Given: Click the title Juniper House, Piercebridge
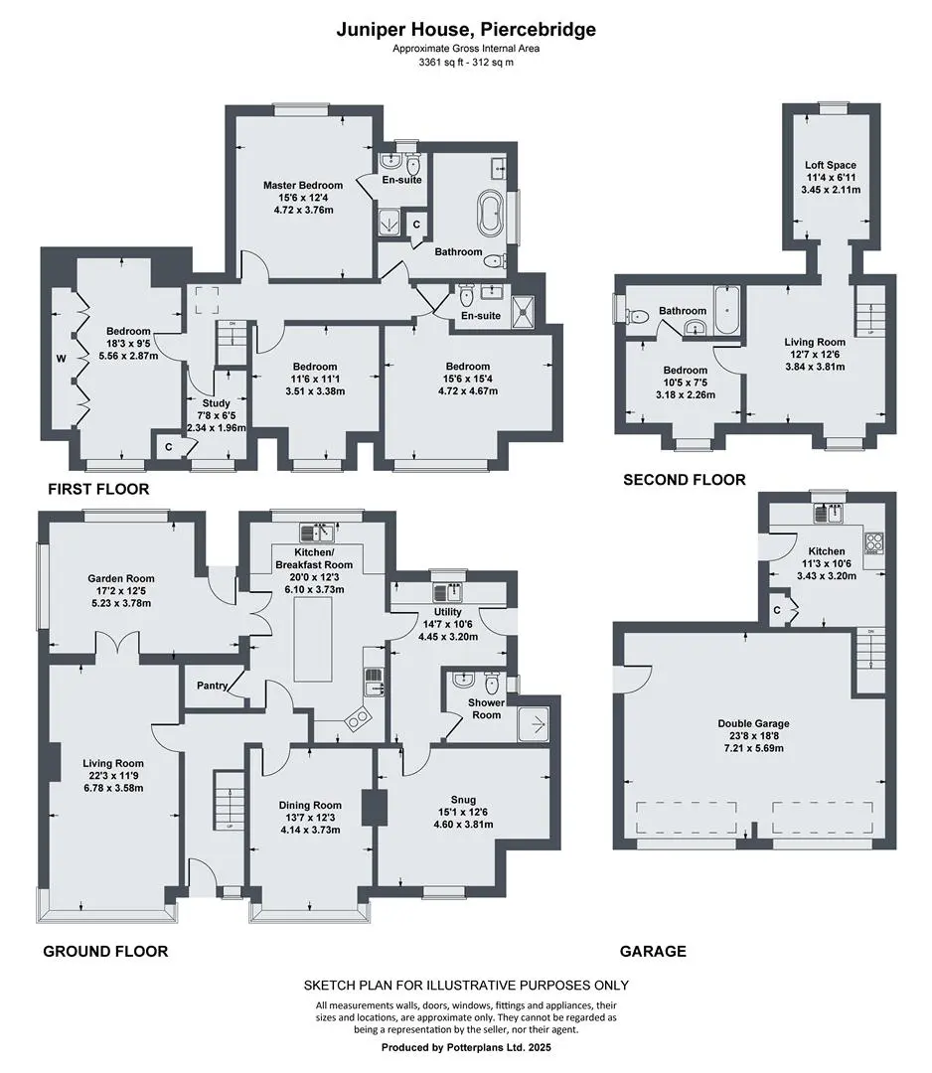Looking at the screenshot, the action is (x=465, y=30).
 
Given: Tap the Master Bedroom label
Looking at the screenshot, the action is (x=303, y=185).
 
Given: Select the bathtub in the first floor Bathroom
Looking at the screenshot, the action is (x=490, y=212).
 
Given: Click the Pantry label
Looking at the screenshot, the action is (x=212, y=685).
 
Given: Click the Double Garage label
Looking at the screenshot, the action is (x=753, y=723).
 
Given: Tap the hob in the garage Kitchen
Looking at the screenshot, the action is (x=873, y=542).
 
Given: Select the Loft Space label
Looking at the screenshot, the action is (x=830, y=165).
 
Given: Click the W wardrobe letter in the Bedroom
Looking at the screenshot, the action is (x=61, y=359).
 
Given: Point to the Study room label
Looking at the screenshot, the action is (x=217, y=403).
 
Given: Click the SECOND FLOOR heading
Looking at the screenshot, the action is (x=685, y=480).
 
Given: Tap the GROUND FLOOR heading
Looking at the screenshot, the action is (x=105, y=951).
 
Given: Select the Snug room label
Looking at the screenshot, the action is (x=463, y=799).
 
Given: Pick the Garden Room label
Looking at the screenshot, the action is (x=121, y=578).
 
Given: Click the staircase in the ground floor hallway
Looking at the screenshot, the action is (x=230, y=799).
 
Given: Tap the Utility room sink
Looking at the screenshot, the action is (x=447, y=591).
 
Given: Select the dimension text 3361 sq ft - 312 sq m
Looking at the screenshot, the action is (x=466, y=63).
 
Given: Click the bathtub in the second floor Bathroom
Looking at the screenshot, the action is (x=726, y=311).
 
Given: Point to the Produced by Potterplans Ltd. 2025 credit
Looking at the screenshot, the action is (x=466, y=1047).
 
